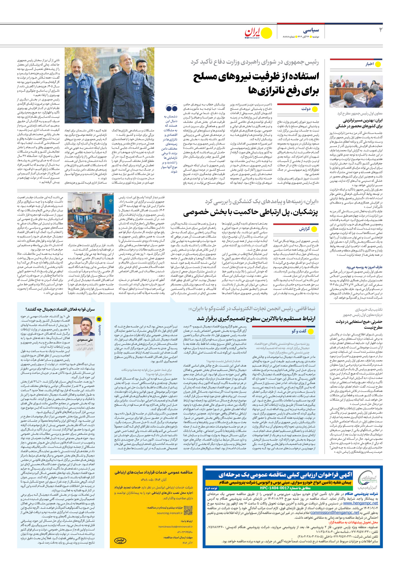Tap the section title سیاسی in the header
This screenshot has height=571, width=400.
(311, 30)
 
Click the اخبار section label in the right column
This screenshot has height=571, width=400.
(370, 64)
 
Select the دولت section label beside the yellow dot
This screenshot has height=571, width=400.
(306, 109)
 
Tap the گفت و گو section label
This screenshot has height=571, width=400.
(299, 331)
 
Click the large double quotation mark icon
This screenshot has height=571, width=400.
(172, 108)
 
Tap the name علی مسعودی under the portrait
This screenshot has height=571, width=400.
(85, 340)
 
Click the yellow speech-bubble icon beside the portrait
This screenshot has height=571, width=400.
(99, 319)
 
